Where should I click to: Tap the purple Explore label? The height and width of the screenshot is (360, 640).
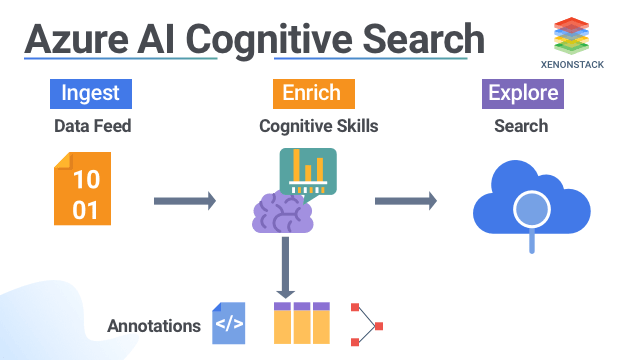[522, 94]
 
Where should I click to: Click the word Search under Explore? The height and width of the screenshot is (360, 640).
[521, 127]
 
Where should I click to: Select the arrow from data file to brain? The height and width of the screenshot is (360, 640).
[185, 201]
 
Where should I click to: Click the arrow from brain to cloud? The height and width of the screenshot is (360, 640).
[406, 201]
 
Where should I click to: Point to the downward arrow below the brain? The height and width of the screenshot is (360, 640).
[286, 268]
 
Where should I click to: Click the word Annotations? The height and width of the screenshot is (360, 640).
[153, 326]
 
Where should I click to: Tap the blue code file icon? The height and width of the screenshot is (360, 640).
[228, 324]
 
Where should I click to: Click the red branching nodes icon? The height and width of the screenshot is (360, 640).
[367, 325]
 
